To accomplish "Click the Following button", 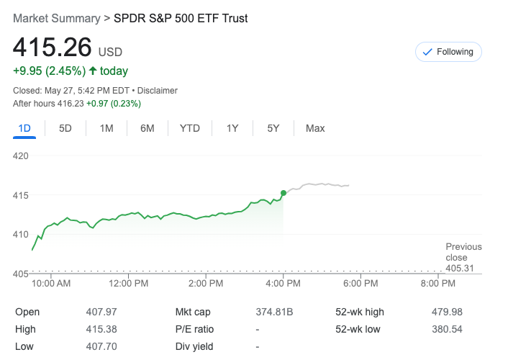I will (x=448, y=52).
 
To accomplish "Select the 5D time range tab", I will (x=65, y=128).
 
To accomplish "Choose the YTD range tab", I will (x=190, y=128).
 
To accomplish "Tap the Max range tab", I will (x=315, y=128).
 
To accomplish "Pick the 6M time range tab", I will (x=148, y=128).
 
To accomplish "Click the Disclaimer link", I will (x=158, y=91).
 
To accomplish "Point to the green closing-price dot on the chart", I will (x=284, y=193).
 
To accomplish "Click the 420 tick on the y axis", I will (x=20, y=156).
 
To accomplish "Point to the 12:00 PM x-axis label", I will (x=129, y=284).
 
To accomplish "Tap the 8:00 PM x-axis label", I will (x=438, y=284).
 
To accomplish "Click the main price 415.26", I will (x=53, y=48).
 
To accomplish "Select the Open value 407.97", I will (x=101, y=312).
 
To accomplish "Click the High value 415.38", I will (x=101, y=329).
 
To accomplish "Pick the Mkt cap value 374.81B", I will (x=274, y=312).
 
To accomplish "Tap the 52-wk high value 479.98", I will (x=448, y=312).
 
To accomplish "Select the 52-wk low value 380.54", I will (x=448, y=329).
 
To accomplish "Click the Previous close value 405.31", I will (x=463, y=268).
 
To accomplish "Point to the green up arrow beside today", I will (x=93, y=71).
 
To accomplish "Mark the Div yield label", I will (x=194, y=346).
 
